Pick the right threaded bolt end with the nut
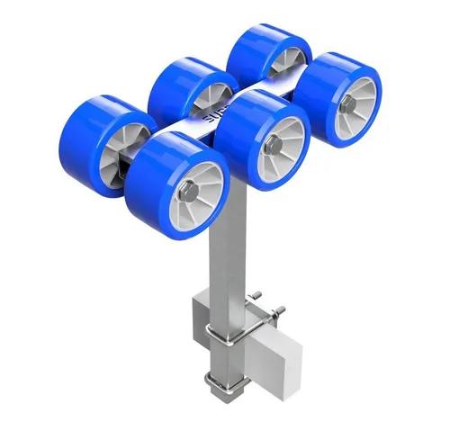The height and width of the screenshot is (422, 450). (x=279, y=311)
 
